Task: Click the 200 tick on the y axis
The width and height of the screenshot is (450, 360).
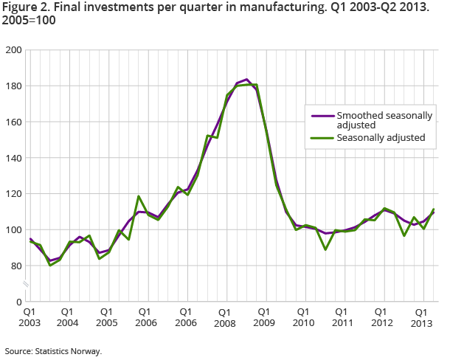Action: [x=13, y=50]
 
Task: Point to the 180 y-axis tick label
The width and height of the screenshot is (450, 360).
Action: [x=13, y=86]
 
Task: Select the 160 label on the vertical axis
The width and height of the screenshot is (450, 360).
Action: [x=13, y=122]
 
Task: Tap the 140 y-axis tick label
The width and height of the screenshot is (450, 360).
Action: [x=13, y=158]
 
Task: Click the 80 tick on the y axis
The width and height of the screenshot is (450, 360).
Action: [x=15, y=266]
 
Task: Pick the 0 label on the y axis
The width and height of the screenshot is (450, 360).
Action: [x=18, y=302]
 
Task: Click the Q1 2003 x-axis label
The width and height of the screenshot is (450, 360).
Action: [x=30, y=317]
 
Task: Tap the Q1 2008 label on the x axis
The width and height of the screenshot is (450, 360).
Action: [x=226, y=317]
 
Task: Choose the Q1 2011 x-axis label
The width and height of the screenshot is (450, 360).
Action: [x=342, y=317]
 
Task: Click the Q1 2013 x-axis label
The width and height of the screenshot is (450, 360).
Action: [x=421, y=317]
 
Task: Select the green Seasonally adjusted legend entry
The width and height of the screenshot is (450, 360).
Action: [x=379, y=138]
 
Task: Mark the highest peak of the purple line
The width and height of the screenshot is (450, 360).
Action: [x=246, y=79]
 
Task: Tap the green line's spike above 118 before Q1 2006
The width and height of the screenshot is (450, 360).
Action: [x=138, y=196]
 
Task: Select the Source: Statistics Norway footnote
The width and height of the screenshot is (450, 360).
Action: [x=52, y=351]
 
